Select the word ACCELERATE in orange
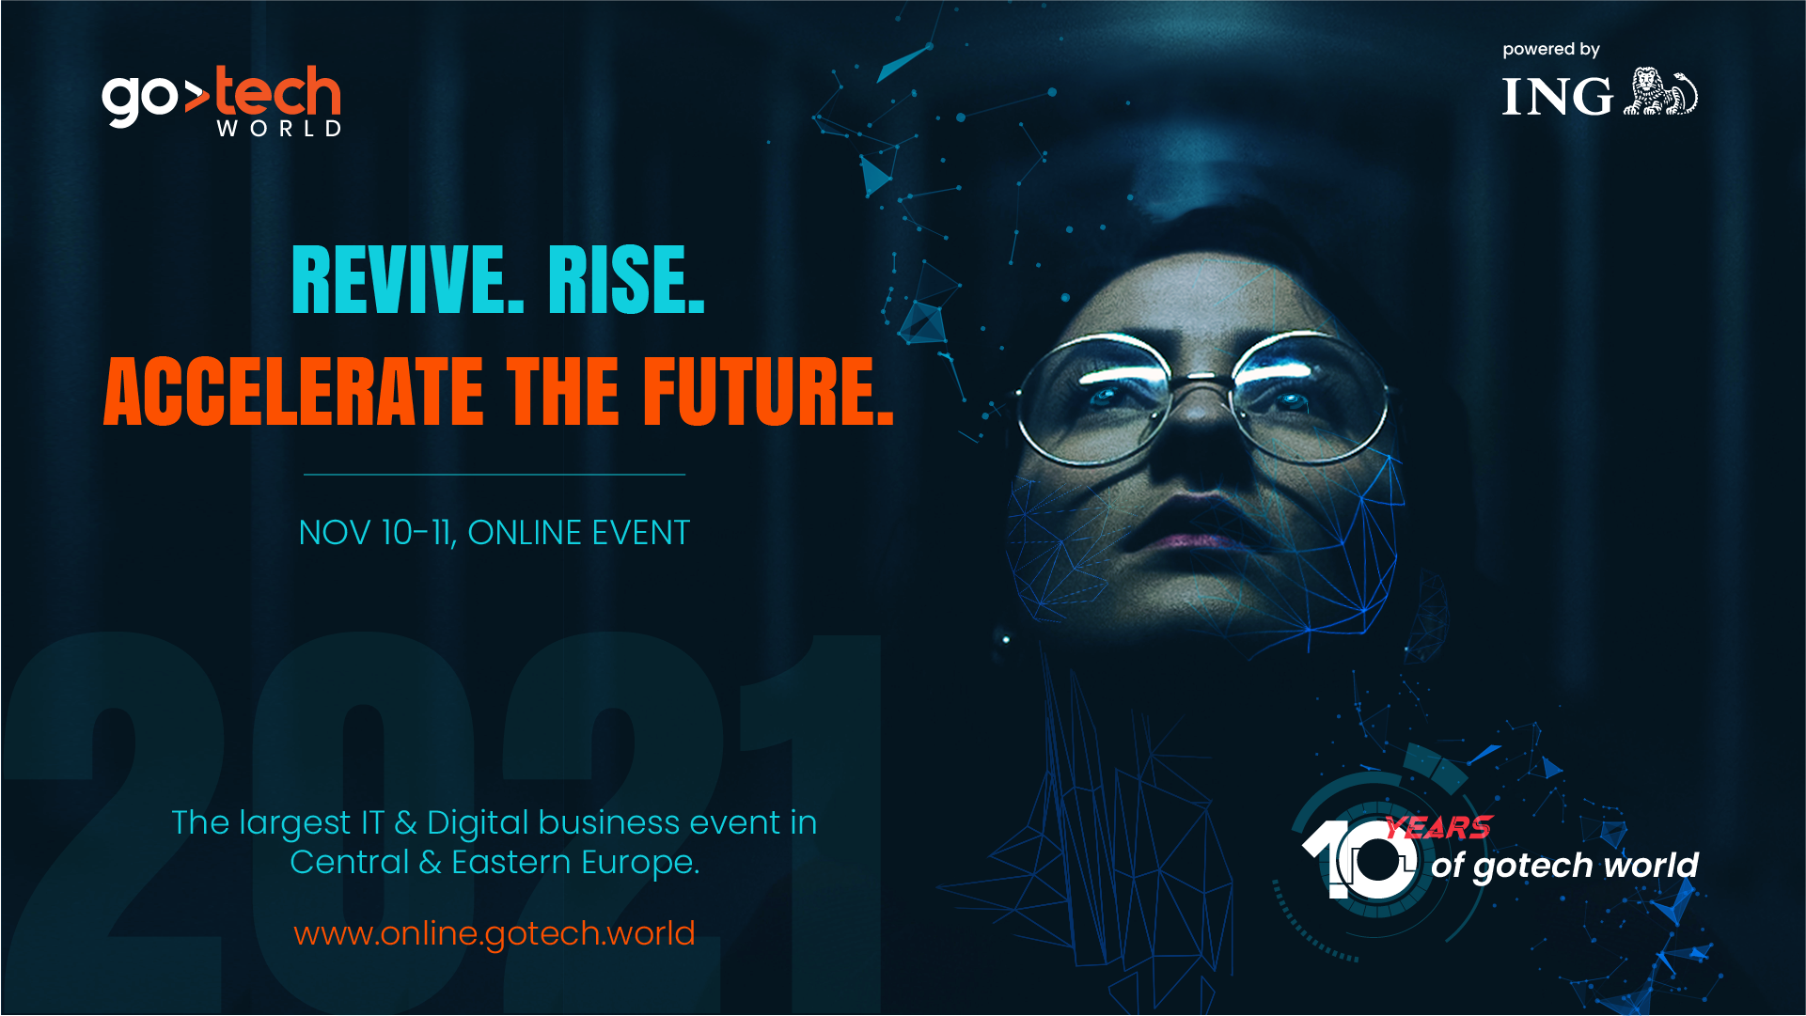[293, 391]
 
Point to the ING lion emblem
[1660, 92]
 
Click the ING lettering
[1557, 97]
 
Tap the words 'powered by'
[1551, 49]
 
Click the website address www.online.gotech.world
[495, 934]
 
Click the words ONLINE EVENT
[579, 533]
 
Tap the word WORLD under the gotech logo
[279, 129]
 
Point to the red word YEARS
[1438, 828]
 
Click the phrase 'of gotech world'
[1564, 866]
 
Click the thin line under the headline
[495, 475]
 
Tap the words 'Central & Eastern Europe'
[495, 863]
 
